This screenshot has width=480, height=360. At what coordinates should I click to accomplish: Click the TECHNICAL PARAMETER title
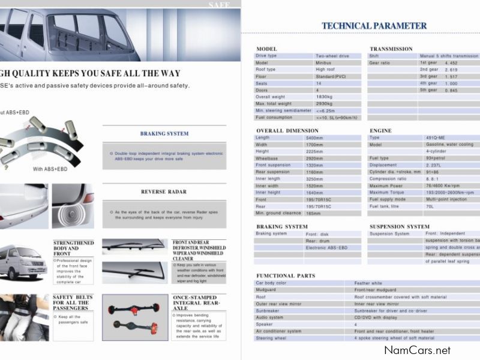[x=374, y=26]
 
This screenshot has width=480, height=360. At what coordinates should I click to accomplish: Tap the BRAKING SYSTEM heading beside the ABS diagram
[x=164, y=133]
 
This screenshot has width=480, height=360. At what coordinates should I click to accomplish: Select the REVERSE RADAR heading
[x=164, y=192]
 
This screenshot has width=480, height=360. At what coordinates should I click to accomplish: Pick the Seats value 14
[x=319, y=83]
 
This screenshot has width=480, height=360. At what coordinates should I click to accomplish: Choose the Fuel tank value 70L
[x=430, y=206]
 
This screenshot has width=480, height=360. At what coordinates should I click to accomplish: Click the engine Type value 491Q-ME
[x=435, y=138]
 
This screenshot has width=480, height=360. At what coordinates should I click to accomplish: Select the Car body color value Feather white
[x=368, y=283]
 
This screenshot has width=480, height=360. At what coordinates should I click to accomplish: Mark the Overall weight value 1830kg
[x=325, y=97]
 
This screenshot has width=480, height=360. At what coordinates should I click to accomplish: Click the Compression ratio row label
[x=387, y=179]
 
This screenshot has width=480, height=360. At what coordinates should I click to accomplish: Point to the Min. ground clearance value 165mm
[x=314, y=213]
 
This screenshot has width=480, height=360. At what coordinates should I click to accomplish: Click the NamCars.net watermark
[x=417, y=350]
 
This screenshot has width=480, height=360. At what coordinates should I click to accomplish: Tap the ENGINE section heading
[x=380, y=130]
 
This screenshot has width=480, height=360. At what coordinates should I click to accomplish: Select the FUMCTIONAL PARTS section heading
[x=285, y=275]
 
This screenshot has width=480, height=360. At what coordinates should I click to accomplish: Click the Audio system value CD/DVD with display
[x=379, y=317]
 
